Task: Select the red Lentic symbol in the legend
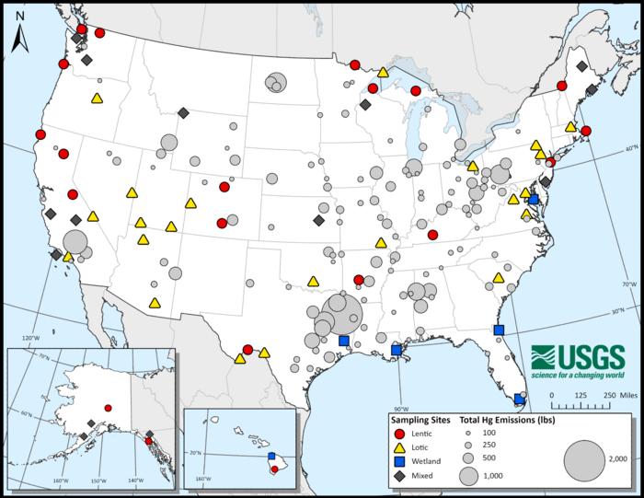click(398, 433)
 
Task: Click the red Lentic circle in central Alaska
click(109, 408)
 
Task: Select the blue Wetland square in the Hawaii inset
click(270, 456)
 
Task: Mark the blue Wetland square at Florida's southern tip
click(519, 400)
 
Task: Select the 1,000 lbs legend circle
click(469, 476)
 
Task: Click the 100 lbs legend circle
click(469, 433)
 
